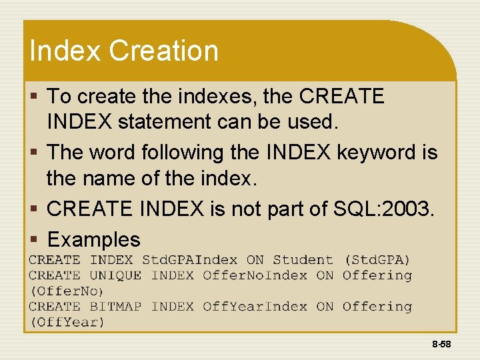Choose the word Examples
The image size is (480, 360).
coord(94,239)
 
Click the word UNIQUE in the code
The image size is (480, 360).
coord(115,275)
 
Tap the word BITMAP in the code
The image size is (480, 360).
coord(115,307)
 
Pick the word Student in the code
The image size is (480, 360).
coord(303,260)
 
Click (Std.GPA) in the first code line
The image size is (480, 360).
coord(377,260)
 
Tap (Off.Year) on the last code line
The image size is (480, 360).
coord(66,322)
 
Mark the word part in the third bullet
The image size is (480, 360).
coord(309,209)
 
